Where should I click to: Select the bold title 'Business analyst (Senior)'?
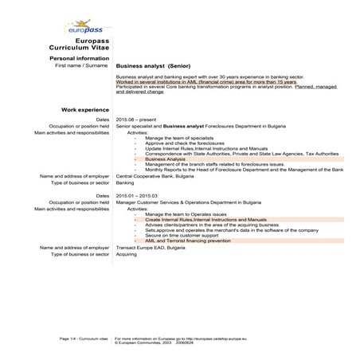coord(152,65)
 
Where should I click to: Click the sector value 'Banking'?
coord(125,182)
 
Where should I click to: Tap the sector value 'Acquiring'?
coord(127,255)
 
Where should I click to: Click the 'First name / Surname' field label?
coord(82,65)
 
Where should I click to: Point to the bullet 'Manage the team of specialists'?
coord(180,137)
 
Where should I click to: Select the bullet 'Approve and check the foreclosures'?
coord(184,143)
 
